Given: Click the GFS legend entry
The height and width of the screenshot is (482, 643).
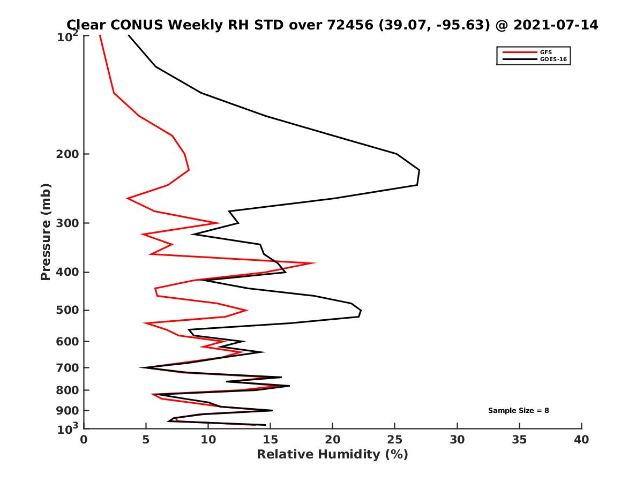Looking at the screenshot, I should click(546, 52).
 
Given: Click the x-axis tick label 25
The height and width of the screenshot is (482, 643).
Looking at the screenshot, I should click(395, 440).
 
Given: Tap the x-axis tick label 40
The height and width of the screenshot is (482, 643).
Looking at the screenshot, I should click(581, 440).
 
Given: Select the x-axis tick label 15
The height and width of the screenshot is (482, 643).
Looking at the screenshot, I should click(271, 440).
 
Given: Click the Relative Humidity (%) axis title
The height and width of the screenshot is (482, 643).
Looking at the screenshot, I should click(332, 455).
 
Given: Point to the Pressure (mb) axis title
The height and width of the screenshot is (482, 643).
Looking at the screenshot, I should click(46, 231).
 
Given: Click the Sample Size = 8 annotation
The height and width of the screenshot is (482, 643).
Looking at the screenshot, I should click(518, 411).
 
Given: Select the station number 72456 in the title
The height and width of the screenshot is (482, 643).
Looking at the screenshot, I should click(348, 25).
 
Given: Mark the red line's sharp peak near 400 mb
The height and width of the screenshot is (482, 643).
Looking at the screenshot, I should click(315, 263).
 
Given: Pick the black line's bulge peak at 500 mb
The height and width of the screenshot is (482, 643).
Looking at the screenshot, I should click(361, 311).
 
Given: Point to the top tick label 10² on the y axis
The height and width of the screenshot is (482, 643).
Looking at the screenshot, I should click(69, 37).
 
